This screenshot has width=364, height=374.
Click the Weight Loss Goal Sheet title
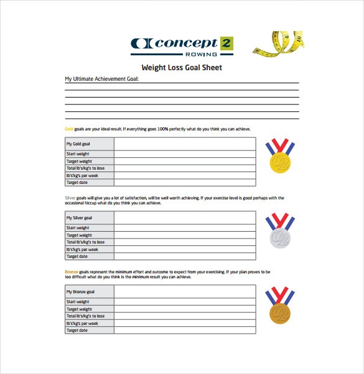182,68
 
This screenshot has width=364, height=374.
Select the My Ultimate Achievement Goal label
102,79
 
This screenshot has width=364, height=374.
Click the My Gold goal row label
78,144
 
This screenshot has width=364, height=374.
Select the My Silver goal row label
80,217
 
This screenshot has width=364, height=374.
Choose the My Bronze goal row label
80,291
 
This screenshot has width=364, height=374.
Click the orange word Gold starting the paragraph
69,129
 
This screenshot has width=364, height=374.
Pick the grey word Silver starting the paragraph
70,198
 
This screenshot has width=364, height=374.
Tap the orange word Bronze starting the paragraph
71,271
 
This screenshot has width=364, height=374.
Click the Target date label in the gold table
77,183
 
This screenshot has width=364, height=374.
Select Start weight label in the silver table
78,228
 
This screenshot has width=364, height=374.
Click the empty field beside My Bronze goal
184,291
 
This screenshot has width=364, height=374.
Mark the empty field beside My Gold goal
184,144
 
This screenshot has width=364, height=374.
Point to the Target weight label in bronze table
79,309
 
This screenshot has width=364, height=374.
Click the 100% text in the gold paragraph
163,129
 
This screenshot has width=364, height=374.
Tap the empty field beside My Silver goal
184,217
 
